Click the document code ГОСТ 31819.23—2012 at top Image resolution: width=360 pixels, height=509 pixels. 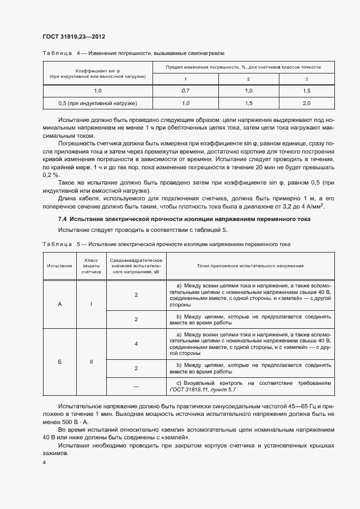click(74, 36)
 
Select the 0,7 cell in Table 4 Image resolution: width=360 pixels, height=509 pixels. click(185, 90)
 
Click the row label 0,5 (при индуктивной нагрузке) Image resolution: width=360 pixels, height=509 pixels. click(97, 103)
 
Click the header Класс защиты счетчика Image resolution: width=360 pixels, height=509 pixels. click(91, 266)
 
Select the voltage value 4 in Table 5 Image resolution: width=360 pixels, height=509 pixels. click(136, 344)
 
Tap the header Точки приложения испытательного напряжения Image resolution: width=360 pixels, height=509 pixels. click(247, 266)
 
